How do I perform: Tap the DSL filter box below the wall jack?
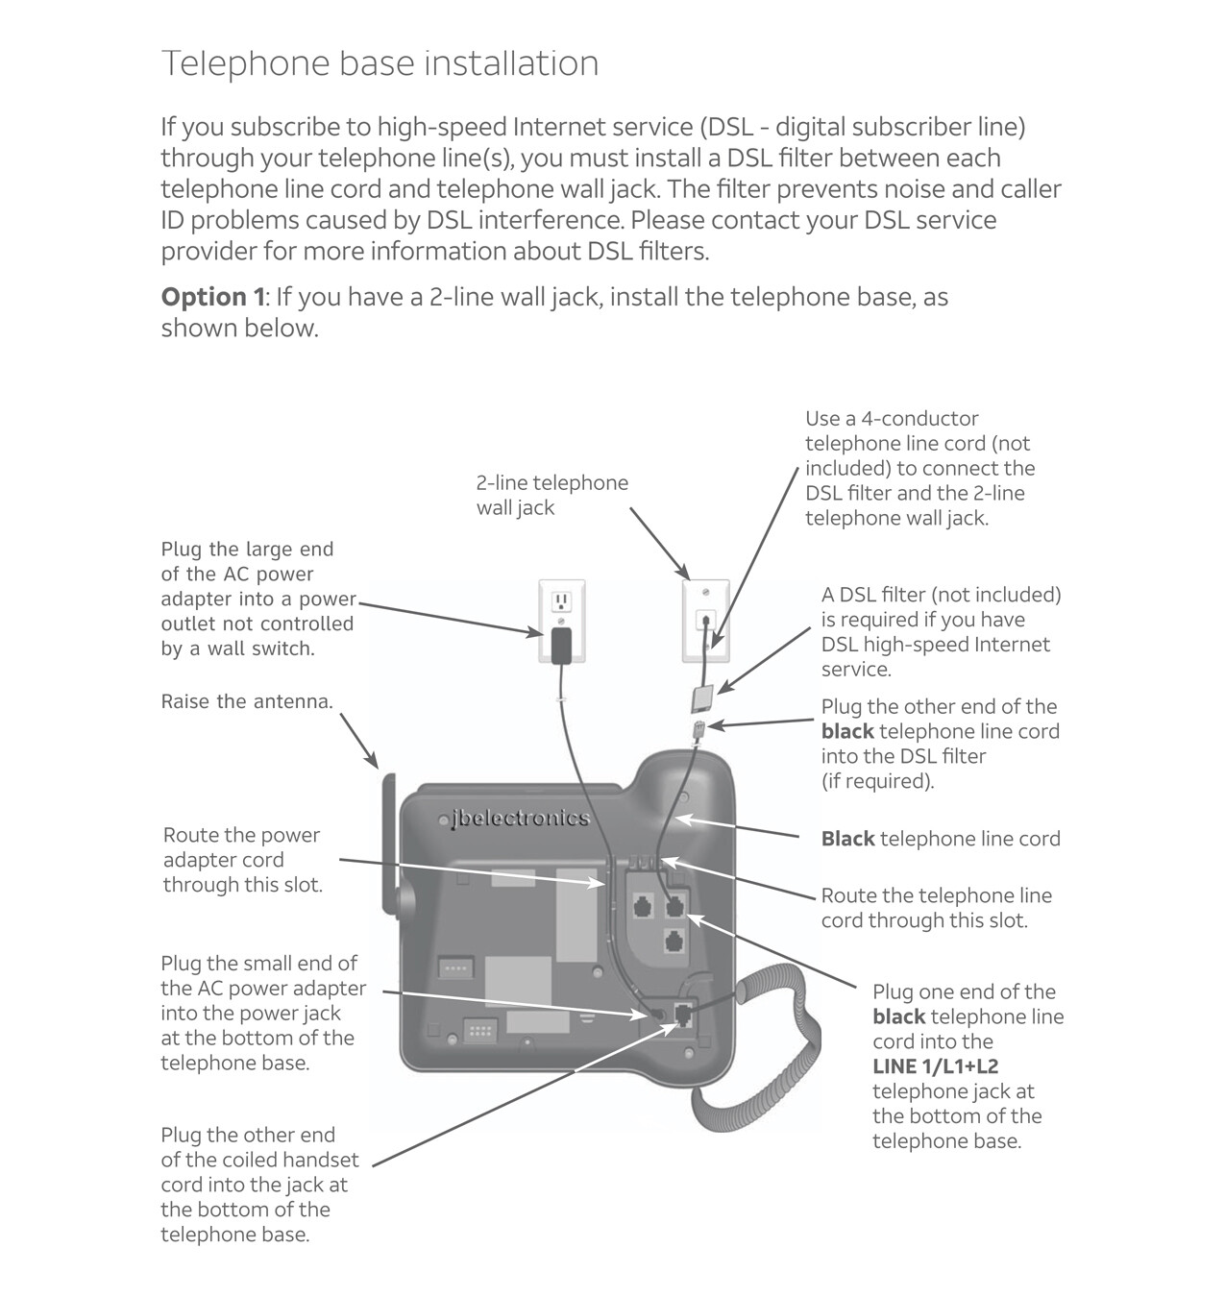[703, 697]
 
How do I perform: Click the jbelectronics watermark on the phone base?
[520, 819]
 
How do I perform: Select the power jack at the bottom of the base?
[658, 1015]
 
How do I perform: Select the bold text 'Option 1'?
[212, 297]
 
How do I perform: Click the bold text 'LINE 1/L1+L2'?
[935, 1066]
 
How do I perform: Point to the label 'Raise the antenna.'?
[247, 701]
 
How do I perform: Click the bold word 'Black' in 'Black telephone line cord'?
[847, 839]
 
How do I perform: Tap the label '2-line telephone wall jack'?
[551, 495]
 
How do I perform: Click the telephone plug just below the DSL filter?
[700, 727]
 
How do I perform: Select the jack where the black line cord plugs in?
[674, 904]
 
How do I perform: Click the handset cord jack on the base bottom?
[684, 1015]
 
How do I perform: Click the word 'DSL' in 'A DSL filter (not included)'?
[857, 595]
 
